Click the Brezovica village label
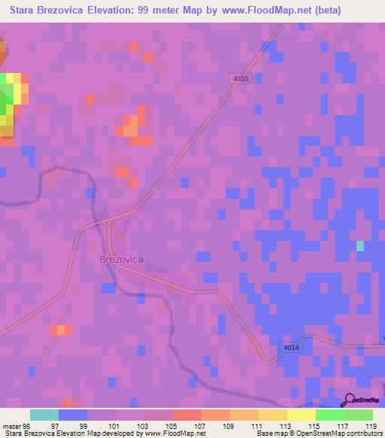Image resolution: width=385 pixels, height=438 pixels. coord(121,259)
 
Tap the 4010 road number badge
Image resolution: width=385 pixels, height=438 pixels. coord(241,78)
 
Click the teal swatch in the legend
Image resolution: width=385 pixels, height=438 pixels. coord(44,415)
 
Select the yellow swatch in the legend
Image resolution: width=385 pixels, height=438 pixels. coord(302,415)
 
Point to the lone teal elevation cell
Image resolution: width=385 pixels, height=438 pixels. coord(359,246)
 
